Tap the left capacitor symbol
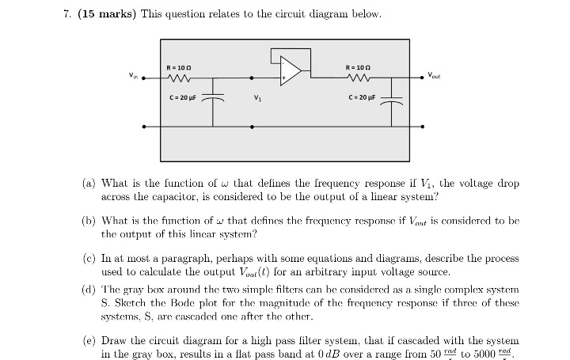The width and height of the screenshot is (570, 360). (213, 100)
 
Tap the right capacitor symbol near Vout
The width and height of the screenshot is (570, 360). (393, 100)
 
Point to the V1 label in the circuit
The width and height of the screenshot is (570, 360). (256, 99)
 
